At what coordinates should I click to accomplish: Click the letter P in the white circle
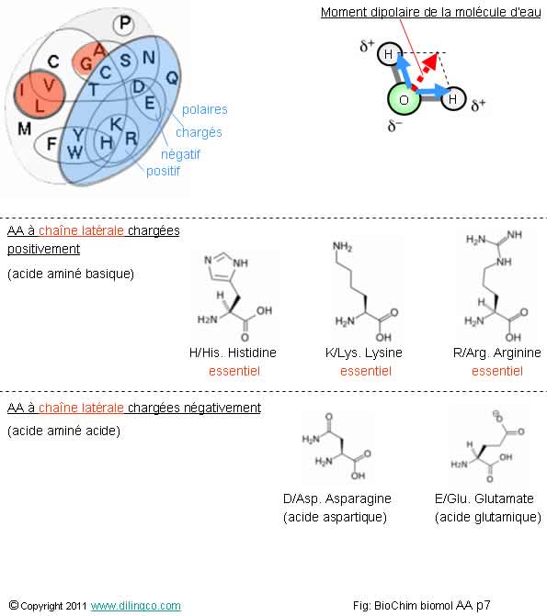tap(124, 23)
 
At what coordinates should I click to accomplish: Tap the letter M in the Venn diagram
tap(25, 129)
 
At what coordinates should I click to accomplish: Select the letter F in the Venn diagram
tap(51, 144)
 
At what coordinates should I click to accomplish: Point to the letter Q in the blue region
tap(172, 78)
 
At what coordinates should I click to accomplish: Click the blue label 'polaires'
tap(205, 109)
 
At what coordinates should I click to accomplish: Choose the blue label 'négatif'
tap(180, 154)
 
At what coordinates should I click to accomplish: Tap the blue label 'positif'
tap(163, 171)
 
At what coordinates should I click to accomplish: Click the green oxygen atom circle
tap(404, 99)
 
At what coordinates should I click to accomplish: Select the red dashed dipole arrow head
tap(432, 60)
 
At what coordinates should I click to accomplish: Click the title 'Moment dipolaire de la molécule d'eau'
tap(431, 12)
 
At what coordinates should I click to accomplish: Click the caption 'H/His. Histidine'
tap(233, 353)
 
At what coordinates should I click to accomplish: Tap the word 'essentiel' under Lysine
tap(366, 371)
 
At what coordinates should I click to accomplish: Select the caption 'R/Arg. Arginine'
tap(497, 353)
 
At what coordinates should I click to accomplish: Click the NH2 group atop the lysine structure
tap(342, 247)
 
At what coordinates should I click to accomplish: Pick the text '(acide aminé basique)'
tap(71, 274)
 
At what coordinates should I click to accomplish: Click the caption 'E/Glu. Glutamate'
tap(484, 498)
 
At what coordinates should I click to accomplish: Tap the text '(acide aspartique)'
tap(335, 517)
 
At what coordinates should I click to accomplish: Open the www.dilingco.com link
tap(136, 606)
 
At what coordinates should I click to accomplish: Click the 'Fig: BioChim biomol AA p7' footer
tap(421, 605)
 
